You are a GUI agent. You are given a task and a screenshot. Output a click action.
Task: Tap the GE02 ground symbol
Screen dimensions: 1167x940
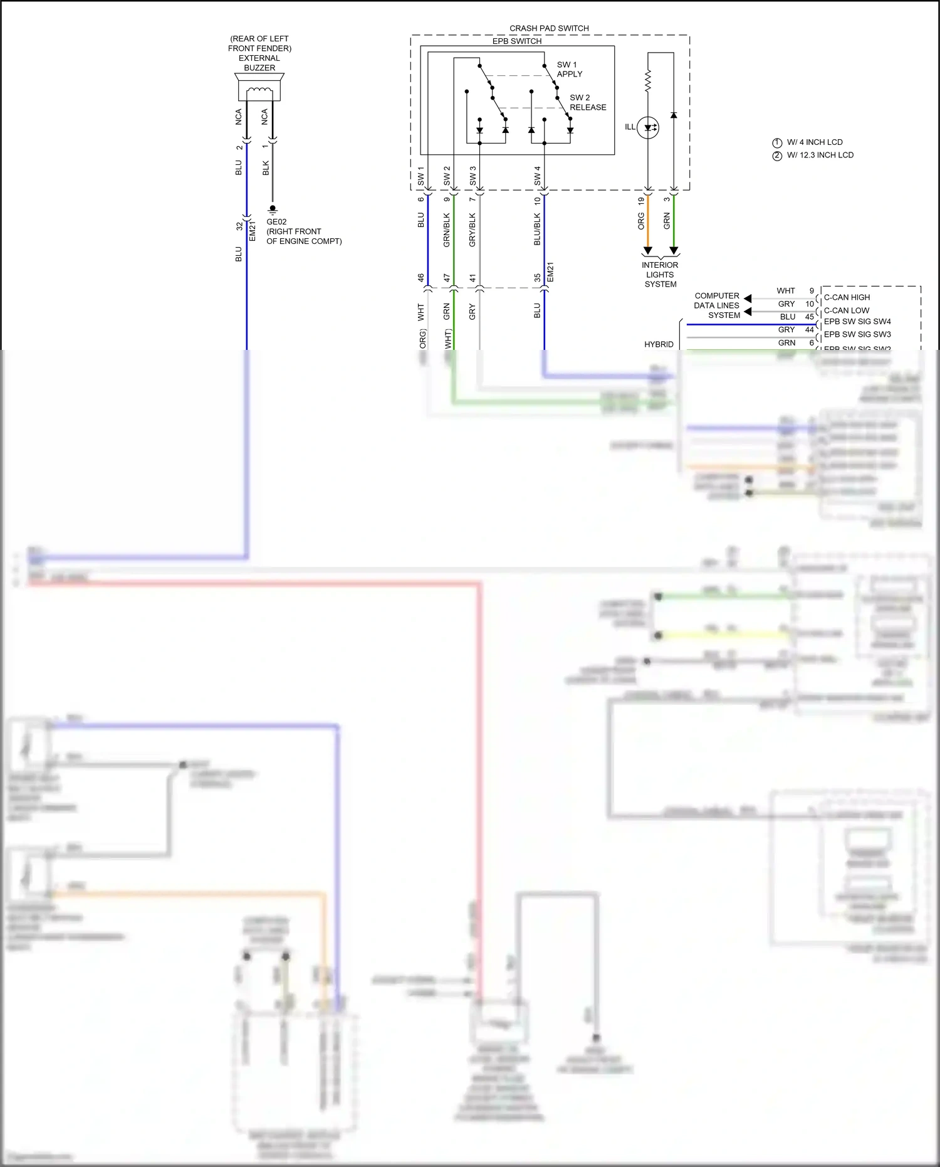click(x=273, y=209)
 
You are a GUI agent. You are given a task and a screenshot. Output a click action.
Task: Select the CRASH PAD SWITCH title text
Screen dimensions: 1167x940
click(x=549, y=28)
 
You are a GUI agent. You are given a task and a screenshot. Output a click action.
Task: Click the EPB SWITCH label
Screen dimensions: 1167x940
click(x=517, y=41)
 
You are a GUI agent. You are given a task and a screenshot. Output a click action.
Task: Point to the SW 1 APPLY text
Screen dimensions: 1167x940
click(x=569, y=69)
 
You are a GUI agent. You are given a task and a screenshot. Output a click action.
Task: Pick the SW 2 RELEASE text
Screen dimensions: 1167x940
click(x=587, y=102)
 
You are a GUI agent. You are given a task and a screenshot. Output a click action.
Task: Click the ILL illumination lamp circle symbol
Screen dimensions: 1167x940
click(x=648, y=127)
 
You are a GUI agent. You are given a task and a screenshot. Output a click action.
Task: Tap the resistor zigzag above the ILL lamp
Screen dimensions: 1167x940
click(x=648, y=80)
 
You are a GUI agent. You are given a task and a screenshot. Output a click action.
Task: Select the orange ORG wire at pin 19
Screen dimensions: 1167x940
click(x=648, y=223)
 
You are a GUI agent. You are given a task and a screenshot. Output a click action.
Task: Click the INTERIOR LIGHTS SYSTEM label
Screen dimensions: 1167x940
click(x=661, y=275)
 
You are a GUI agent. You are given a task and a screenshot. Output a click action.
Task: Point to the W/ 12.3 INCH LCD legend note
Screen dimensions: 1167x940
click(x=820, y=156)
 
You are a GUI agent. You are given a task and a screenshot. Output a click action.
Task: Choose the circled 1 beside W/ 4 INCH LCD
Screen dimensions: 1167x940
click(x=777, y=142)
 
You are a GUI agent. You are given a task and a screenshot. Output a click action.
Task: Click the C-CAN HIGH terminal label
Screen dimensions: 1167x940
click(x=847, y=297)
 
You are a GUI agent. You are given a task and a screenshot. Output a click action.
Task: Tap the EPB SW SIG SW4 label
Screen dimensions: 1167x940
click(x=857, y=322)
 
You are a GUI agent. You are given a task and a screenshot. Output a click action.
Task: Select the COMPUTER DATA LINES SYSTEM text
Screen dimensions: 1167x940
click(x=717, y=305)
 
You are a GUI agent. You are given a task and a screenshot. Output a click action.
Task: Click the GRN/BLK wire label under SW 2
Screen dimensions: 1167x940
click(x=447, y=230)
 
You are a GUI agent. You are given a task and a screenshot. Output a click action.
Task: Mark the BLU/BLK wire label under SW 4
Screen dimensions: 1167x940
click(x=537, y=230)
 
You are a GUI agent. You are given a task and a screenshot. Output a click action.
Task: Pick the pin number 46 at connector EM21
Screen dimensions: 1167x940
click(x=421, y=277)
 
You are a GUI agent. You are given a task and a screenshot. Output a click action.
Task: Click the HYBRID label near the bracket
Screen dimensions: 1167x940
click(x=659, y=344)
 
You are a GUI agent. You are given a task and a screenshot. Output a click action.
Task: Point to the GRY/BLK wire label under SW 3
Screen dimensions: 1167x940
click(x=473, y=230)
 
